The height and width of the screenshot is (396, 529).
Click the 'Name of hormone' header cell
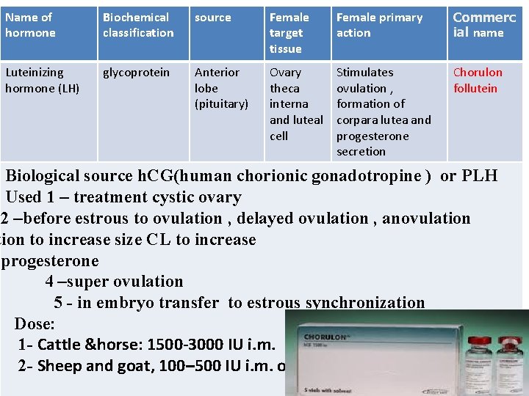29,25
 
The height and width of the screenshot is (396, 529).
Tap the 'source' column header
212,17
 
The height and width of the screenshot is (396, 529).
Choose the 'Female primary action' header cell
379,25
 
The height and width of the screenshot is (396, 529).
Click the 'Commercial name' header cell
484,24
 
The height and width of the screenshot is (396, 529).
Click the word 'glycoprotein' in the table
136,72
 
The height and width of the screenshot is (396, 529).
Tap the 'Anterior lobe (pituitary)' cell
220,88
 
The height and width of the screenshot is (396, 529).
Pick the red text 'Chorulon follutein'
478,80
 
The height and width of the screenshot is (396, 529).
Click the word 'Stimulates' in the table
364,72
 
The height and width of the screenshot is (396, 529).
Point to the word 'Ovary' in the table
285,72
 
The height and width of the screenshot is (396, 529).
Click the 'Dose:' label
35,323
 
